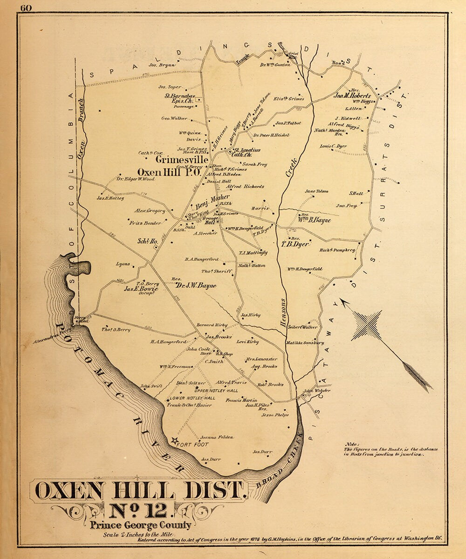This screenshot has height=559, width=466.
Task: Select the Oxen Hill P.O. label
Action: tap(169, 172)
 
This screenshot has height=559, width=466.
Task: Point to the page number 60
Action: tap(26, 8)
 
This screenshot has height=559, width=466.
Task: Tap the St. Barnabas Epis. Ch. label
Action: tap(179, 98)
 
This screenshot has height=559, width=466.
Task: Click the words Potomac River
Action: tap(116, 391)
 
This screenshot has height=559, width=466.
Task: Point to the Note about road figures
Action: tap(391, 449)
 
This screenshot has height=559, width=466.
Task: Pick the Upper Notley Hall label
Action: tap(216, 390)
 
